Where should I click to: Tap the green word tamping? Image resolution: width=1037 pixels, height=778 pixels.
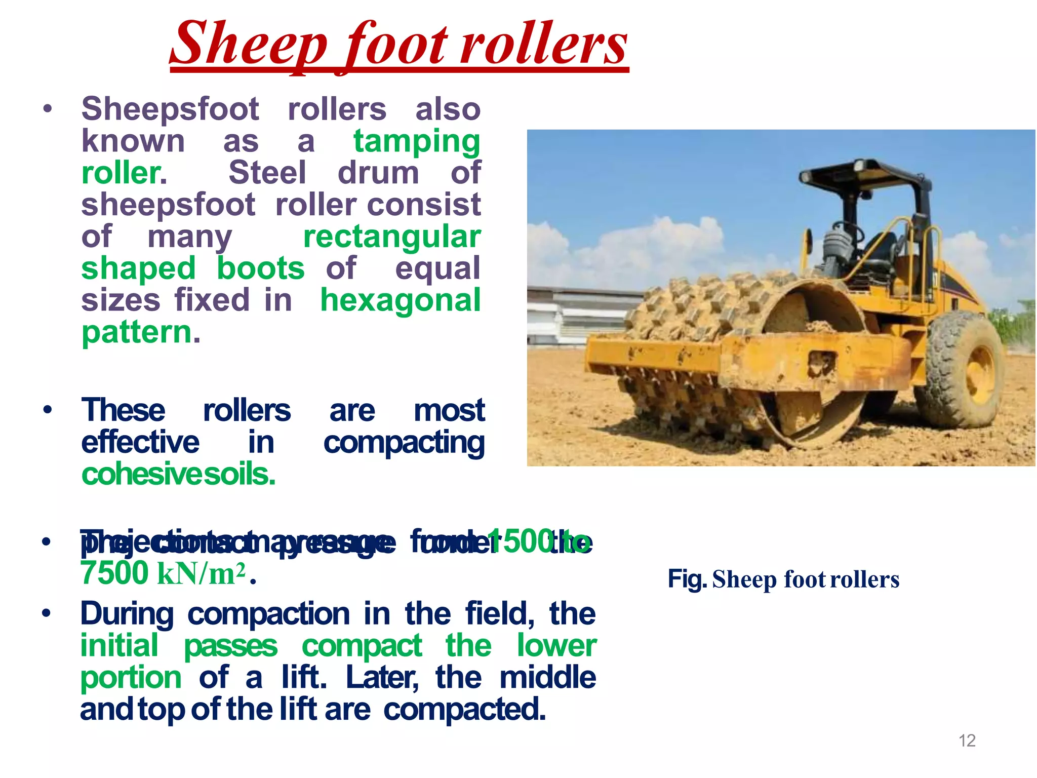(x=416, y=142)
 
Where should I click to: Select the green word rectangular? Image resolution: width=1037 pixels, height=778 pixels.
(x=392, y=237)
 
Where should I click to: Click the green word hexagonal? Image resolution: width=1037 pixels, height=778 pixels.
(x=400, y=300)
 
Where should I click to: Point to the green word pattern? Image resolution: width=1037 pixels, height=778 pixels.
(x=137, y=332)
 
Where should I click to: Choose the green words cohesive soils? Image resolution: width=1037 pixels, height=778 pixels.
(x=178, y=475)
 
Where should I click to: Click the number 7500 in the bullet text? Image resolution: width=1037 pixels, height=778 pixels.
(x=114, y=573)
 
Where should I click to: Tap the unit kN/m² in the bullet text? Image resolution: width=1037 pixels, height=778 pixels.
(x=202, y=574)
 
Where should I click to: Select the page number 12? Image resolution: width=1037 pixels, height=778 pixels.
(x=967, y=741)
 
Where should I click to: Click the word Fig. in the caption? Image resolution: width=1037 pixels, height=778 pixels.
(x=687, y=579)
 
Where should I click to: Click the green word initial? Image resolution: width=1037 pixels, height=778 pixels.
(x=119, y=646)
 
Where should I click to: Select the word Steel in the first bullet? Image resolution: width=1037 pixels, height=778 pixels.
(x=267, y=173)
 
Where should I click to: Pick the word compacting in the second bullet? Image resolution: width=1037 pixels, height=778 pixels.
(x=404, y=443)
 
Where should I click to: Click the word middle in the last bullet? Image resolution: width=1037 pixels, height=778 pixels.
(x=547, y=678)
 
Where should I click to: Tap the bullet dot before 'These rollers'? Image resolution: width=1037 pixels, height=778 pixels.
(x=48, y=409)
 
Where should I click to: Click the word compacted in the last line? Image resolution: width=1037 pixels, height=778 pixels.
(x=464, y=710)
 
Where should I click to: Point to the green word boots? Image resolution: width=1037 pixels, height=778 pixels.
(x=261, y=268)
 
